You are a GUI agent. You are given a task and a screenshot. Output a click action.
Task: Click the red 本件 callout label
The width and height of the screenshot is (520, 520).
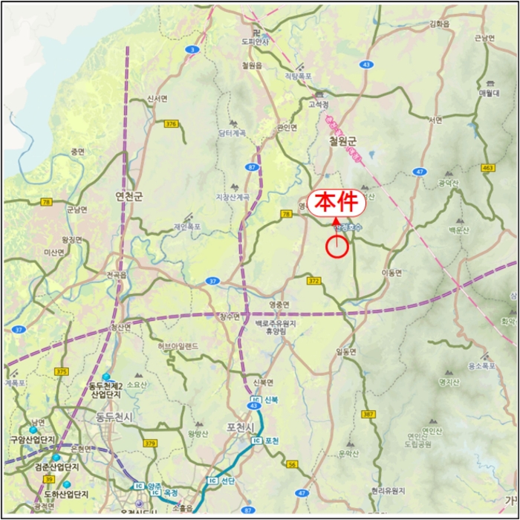[x=336, y=202]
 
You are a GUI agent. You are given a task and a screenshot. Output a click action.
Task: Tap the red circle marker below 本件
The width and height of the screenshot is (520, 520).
[x=337, y=247]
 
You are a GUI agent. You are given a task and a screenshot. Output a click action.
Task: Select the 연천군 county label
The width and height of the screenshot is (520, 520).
[x=129, y=196]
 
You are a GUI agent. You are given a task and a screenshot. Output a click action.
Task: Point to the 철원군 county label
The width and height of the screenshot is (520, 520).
[x=343, y=140]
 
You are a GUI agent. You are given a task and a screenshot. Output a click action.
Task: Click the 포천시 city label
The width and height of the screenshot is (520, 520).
[x=241, y=427]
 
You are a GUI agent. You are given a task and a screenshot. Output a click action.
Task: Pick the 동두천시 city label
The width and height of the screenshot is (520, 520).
[x=114, y=417]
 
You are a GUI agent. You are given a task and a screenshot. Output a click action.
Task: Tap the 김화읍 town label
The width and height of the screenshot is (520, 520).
[x=440, y=24]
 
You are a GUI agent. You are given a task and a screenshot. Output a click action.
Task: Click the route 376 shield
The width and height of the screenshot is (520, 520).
[x=172, y=124]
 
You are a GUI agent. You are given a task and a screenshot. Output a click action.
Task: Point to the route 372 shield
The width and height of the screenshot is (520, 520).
[x=313, y=280]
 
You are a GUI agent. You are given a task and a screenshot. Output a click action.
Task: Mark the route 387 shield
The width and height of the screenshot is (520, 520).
[x=368, y=414]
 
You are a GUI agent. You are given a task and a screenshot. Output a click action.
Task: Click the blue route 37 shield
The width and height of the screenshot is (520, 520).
[x=212, y=281]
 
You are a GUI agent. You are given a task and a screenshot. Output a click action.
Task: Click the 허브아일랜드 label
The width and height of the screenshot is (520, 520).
[x=178, y=346]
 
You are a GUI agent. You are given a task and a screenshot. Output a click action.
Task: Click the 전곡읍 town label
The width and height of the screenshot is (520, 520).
[x=117, y=275]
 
